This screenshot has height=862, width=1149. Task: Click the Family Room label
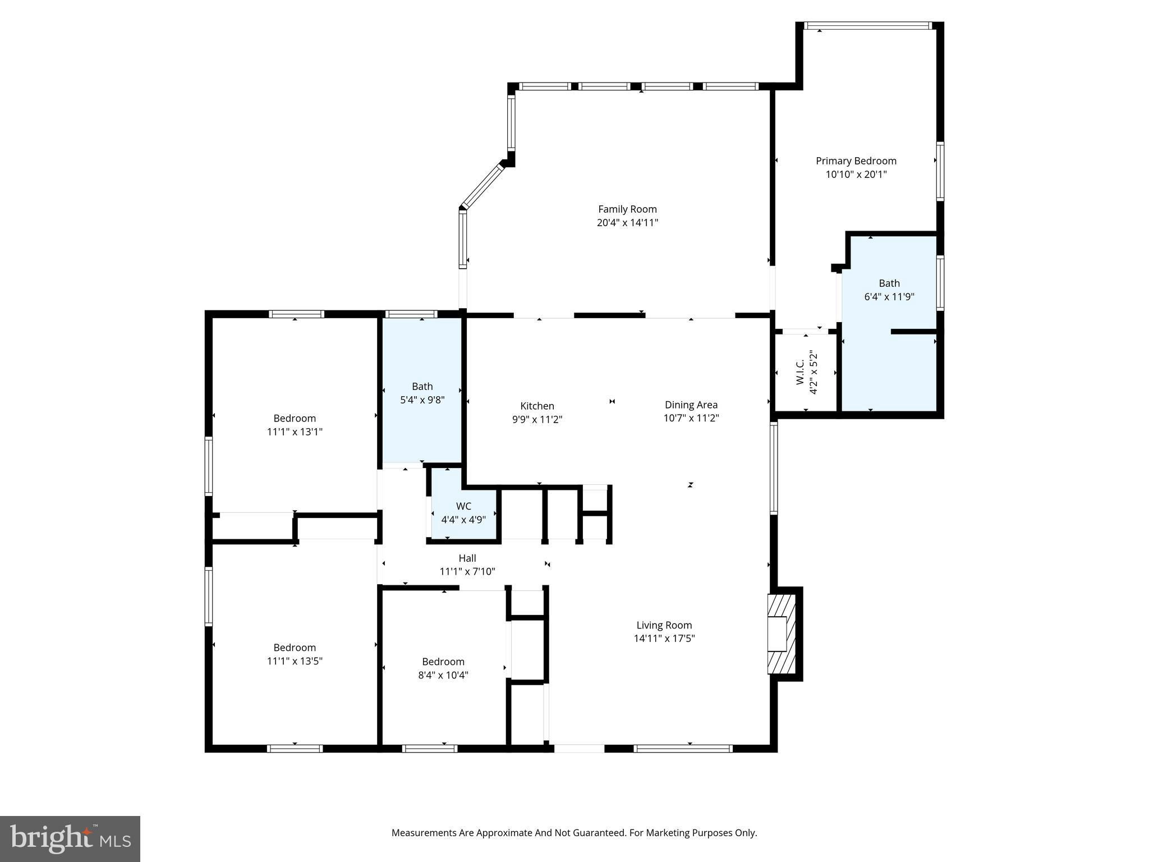click(627, 209)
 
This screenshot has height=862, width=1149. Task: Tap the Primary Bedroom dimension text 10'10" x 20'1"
click(856, 175)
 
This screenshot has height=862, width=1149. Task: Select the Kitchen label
click(537, 406)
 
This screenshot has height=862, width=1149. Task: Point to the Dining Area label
click(691, 405)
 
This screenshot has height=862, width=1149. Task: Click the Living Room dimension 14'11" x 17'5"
click(664, 638)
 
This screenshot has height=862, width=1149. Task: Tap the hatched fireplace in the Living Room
click(782, 634)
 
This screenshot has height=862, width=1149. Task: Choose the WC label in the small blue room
click(463, 506)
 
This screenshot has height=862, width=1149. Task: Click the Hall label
click(467, 558)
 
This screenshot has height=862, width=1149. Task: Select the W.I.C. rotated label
click(801, 372)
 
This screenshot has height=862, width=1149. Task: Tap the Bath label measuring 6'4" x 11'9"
click(889, 283)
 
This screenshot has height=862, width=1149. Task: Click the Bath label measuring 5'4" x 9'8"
click(422, 386)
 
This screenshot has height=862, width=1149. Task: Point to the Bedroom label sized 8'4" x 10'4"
click(443, 662)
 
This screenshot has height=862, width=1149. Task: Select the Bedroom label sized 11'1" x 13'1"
click(295, 418)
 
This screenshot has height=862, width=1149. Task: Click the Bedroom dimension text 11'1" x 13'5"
click(295, 661)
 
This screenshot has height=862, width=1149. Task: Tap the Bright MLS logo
click(70, 838)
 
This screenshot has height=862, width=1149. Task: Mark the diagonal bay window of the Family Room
click(482, 185)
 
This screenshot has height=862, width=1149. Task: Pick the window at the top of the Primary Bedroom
click(868, 25)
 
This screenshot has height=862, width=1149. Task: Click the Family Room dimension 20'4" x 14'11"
click(627, 223)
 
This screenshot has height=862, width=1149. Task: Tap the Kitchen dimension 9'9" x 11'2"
click(537, 419)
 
